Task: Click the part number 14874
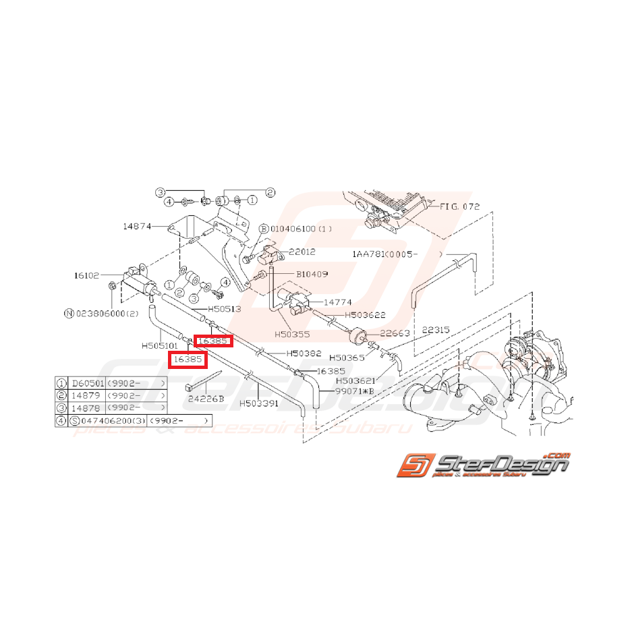pos(137,227)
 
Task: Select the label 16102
pos(86,275)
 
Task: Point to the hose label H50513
pos(224,310)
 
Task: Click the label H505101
pos(159,345)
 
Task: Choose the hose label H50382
pos(303,353)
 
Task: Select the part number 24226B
pos(206,399)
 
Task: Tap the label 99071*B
pos(354,390)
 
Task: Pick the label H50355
pos(292,334)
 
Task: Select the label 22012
pos(302,252)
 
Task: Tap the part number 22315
pos(436,330)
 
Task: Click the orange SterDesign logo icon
pos(413,466)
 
